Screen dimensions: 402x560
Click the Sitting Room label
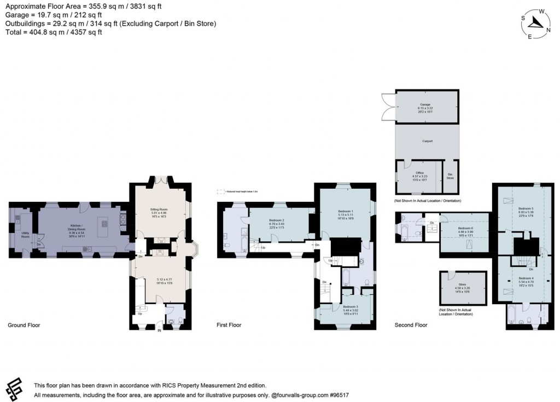click(x=161, y=209)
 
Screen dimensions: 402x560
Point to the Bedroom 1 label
click(x=345, y=212)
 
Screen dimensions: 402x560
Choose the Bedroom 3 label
click(x=349, y=307)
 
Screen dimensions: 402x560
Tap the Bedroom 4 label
click(x=526, y=278)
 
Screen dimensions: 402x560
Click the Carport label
click(x=427, y=141)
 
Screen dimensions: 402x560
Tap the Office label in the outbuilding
click(x=419, y=173)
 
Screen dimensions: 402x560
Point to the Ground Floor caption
click(x=24, y=325)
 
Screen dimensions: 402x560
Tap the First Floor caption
click(x=229, y=325)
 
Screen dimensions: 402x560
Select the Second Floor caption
click(x=411, y=325)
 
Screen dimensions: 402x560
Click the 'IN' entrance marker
click(x=160, y=330)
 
